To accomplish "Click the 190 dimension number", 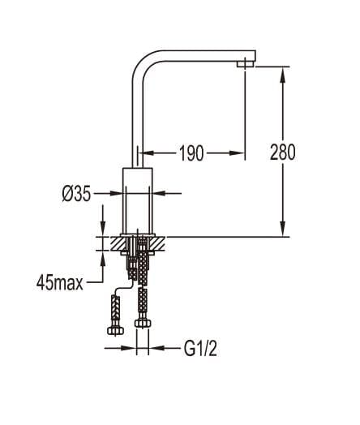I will (x=191, y=152).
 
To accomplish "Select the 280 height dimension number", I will (x=281, y=152).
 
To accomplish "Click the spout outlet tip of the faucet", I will (x=242, y=62).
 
